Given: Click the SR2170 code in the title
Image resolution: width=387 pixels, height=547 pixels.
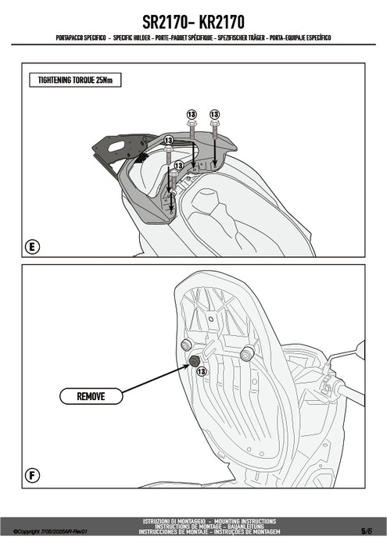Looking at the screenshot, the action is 166,22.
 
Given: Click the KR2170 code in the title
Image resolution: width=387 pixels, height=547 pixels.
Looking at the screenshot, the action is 221,22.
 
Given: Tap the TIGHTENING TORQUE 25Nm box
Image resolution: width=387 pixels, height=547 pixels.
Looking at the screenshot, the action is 75,80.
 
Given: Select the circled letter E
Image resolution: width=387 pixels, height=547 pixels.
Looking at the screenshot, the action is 33,247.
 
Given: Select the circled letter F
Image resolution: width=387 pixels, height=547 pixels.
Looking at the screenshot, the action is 33,475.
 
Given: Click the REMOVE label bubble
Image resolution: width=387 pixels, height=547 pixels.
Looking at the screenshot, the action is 91,396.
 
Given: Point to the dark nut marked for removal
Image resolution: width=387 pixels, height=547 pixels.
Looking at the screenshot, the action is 194,361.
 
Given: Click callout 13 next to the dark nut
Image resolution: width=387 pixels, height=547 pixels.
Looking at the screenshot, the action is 202,371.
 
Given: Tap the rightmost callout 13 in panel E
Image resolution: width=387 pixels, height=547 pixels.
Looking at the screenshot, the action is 214,114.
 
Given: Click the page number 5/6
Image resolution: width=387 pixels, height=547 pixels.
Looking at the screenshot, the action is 367,531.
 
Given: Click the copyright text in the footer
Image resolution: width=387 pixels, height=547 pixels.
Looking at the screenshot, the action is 50,531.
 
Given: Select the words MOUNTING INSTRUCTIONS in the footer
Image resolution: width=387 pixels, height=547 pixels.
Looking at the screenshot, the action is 245,521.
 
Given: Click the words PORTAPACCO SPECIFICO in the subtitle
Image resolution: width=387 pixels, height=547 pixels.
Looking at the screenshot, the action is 81,38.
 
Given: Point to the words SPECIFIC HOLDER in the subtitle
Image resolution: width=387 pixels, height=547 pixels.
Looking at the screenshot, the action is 132,38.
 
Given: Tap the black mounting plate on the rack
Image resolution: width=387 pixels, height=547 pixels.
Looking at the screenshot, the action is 124,147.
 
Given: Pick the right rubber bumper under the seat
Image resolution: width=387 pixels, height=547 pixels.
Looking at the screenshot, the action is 247,354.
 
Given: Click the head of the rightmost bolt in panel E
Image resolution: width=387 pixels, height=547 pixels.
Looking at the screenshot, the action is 214,123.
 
